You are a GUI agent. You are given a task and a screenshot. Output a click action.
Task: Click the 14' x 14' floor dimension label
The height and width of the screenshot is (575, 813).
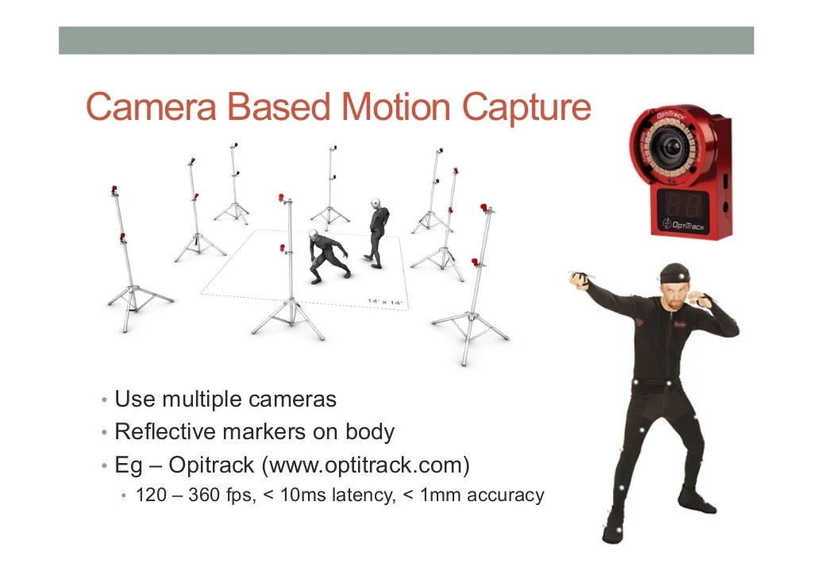coord(385,302)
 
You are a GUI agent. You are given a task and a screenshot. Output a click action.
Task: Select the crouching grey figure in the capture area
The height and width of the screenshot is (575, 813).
coord(326,257)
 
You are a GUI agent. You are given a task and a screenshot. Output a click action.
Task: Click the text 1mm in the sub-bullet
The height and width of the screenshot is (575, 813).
coord(439,496)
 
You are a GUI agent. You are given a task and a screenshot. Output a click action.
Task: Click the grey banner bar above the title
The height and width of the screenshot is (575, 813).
coord(406,41)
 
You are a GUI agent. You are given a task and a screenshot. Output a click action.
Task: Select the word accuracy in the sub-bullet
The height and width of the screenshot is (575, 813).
coord(505,496)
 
